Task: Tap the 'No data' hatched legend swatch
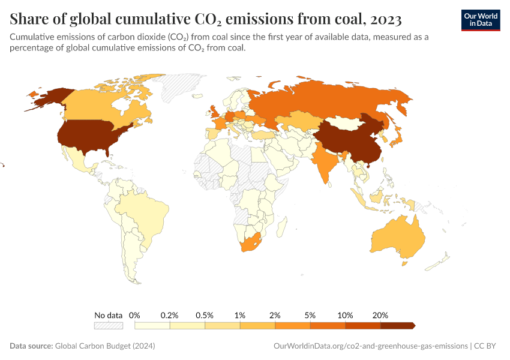(x=109, y=325)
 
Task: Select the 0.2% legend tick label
(x=170, y=315)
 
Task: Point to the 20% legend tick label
(x=380, y=315)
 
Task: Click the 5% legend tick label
(x=310, y=315)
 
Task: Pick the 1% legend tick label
(x=240, y=315)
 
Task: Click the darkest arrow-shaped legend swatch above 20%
(x=397, y=325)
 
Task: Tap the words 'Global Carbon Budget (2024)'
(x=105, y=346)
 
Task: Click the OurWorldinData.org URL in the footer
(x=370, y=346)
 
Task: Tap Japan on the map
(x=397, y=139)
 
